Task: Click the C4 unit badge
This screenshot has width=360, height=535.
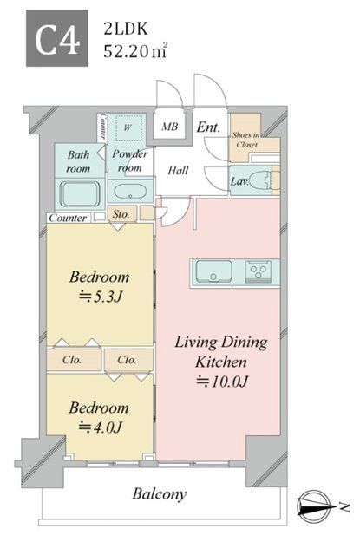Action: [x=57, y=38]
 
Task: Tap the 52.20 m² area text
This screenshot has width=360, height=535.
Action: [x=135, y=50]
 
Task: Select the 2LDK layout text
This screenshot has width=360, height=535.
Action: [x=126, y=29]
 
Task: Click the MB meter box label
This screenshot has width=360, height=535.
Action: [x=170, y=127]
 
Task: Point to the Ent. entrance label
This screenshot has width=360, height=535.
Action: [x=208, y=127]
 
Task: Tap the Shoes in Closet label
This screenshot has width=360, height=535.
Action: [x=246, y=140]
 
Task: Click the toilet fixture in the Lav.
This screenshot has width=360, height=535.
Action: [x=263, y=180]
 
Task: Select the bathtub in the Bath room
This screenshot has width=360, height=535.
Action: [x=80, y=194]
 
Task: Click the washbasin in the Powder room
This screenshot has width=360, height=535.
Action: [x=130, y=192]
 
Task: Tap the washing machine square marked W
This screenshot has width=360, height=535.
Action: [x=128, y=128]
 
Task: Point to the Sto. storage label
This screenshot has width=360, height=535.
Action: [x=121, y=214]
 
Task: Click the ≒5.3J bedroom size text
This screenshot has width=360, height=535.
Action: [x=101, y=297]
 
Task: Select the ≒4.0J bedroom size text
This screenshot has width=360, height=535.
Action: [x=100, y=427]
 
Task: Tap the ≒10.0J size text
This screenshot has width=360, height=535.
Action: [x=222, y=382]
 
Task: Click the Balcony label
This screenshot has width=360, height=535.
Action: [x=160, y=494]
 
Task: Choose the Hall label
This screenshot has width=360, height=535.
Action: [x=178, y=170]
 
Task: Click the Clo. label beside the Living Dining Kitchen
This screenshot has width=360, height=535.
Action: [x=127, y=360]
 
